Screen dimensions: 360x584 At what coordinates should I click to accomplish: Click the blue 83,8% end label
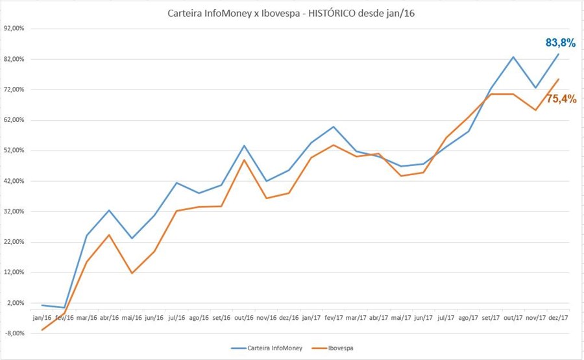click(x=560, y=43)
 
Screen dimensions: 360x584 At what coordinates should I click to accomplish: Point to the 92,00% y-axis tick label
click(x=14, y=29)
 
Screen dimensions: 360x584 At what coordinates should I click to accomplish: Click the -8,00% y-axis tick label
click(x=14, y=333)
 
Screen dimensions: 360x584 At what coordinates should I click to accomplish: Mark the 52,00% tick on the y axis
click(x=14, y=150)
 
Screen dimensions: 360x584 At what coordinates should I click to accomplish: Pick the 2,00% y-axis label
click(x=16, y=303)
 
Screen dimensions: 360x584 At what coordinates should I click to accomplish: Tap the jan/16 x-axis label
click(x=42, y=318)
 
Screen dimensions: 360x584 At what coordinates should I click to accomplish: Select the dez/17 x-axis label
click(x=559, y=318)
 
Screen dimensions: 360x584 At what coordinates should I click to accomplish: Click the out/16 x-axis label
click(x=244, y=318)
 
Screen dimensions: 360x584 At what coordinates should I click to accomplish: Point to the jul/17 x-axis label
click(x=446, y=318)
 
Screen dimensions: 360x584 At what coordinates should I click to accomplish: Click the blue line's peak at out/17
click(x=514, y=56)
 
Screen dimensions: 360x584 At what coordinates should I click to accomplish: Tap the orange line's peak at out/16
click(x=244, y=160)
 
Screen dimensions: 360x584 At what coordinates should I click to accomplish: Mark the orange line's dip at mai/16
click(x=132, y=273)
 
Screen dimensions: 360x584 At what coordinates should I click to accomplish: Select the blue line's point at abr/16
click(x=109, y=210)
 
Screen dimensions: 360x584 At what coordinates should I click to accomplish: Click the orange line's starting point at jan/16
click(x=42, y=330)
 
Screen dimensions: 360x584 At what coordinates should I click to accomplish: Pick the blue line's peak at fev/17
click(x=334, y=126)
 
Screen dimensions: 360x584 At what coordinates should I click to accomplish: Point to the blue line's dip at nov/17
click(x=536, y=88)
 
